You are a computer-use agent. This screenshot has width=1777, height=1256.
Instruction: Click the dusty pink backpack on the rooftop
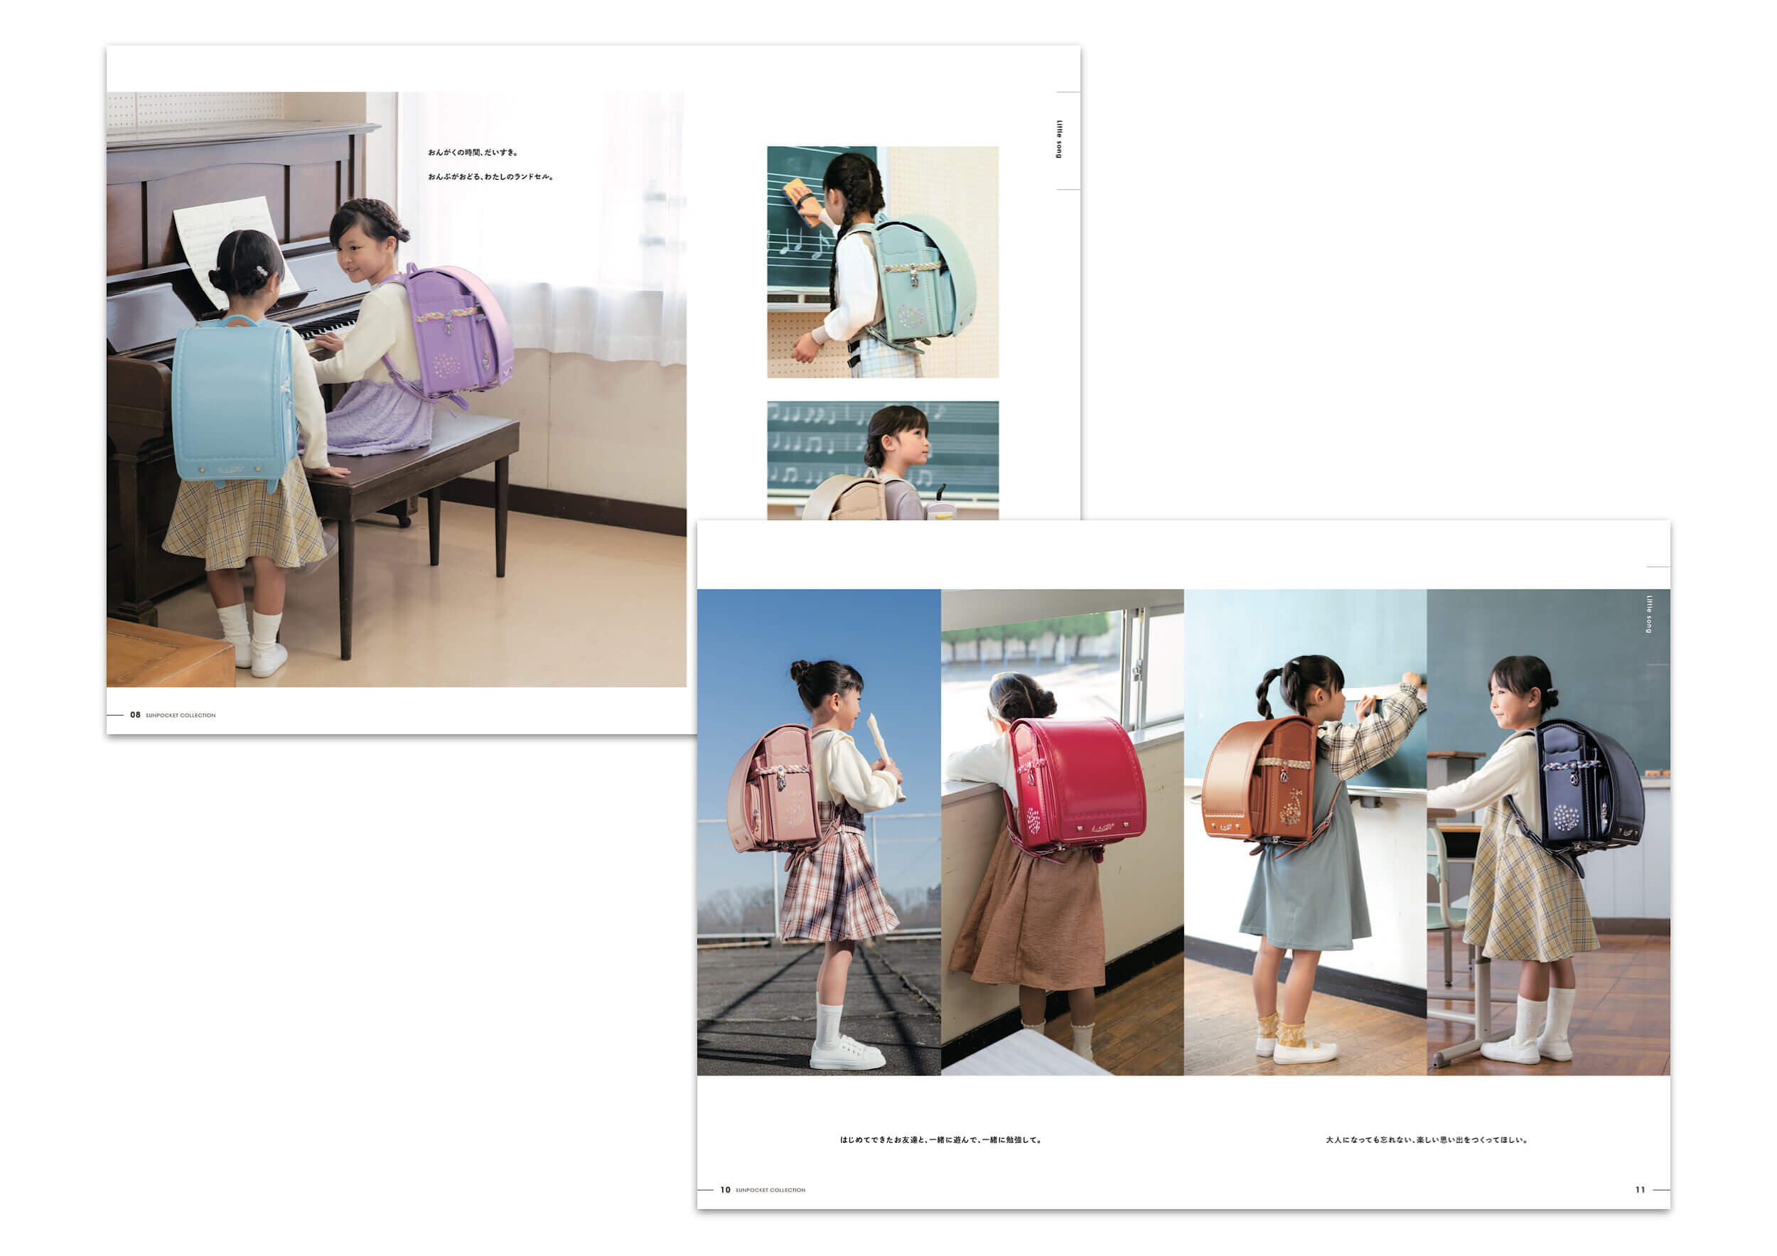pos(774,789)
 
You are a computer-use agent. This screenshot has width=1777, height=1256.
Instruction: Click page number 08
pos(136,715)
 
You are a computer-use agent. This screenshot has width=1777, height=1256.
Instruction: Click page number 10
pos(725,1190)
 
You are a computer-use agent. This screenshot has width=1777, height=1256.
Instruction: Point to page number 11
pos(1640,1190)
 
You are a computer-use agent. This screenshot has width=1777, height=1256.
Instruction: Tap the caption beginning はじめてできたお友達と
pos(941,1140)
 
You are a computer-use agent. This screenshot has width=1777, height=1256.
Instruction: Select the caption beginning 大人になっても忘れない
pos(1427,1140)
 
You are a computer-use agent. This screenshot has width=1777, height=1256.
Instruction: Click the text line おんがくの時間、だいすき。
pos(473,152)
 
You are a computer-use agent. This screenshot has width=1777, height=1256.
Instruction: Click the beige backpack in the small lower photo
pos(846,498)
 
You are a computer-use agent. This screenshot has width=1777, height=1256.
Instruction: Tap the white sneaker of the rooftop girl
pos(847,1055)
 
